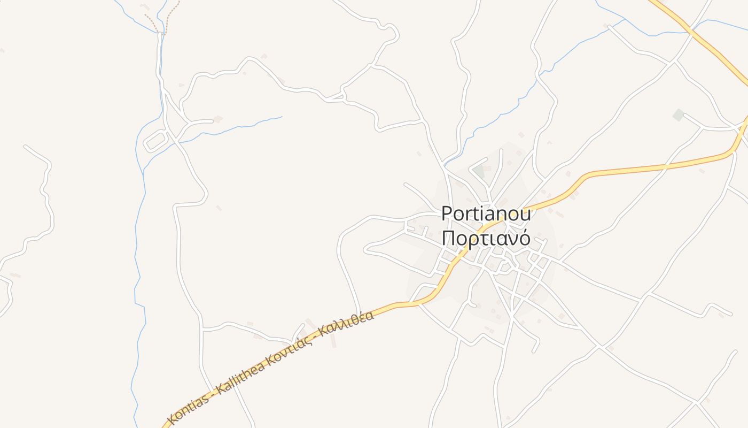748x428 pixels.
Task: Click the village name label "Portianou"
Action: click(486, 214)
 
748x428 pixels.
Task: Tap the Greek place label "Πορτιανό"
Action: click(486, 239)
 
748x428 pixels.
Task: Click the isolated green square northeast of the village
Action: click(679, 114)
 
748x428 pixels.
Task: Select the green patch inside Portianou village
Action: click(479, 172)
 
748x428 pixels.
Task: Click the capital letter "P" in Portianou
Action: click(447, 214)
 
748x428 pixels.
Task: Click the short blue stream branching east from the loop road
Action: click(235, 127)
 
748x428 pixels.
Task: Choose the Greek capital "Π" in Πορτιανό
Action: click(448, 239)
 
